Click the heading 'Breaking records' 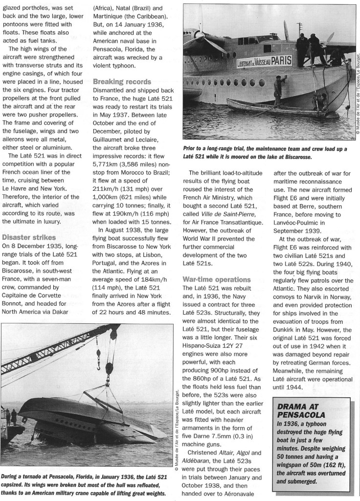pos(122,82)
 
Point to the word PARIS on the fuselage pos(278,61)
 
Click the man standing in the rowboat pos(277,91)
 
